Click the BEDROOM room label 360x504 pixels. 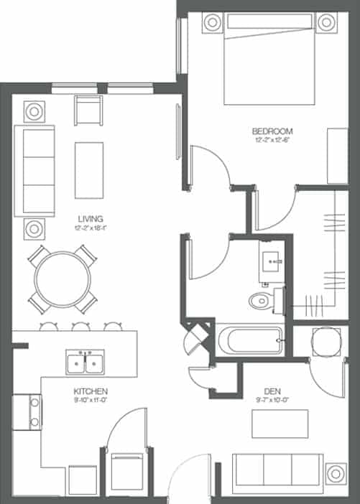[272, 131]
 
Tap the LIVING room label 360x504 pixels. [91, 219]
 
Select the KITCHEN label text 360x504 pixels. [91, 391]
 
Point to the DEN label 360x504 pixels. [272, 391]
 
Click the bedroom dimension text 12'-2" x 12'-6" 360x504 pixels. [272, 141]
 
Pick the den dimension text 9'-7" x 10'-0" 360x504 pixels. [272, 401]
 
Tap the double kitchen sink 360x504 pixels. [85, 363]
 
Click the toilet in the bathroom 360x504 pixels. [259, 299]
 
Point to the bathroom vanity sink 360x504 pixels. [274, 261]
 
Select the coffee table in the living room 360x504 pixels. [89, 169]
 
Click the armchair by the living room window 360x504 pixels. [90, 111]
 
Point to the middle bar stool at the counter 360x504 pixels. [80, 327]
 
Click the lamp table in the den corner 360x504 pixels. [334, 475]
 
